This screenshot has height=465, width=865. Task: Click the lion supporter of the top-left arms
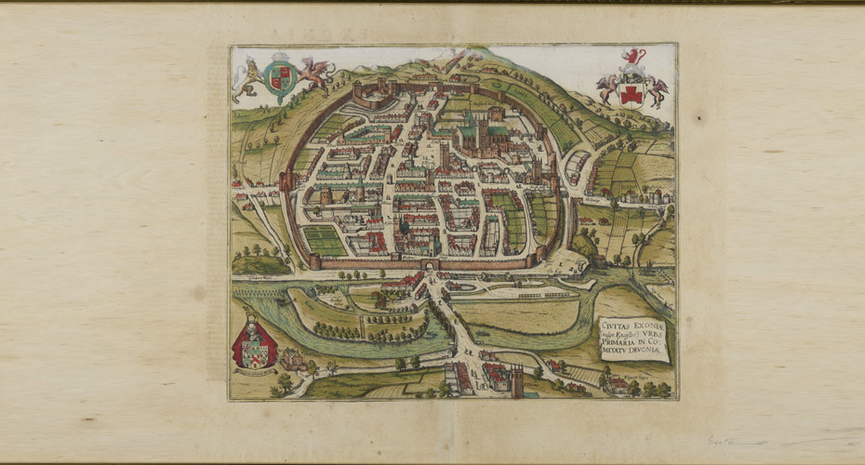coord(247,78)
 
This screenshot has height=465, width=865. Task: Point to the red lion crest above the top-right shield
coord(633,58)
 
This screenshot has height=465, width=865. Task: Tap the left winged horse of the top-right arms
coord(608,89)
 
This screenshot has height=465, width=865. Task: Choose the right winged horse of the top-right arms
coord(657,91)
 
